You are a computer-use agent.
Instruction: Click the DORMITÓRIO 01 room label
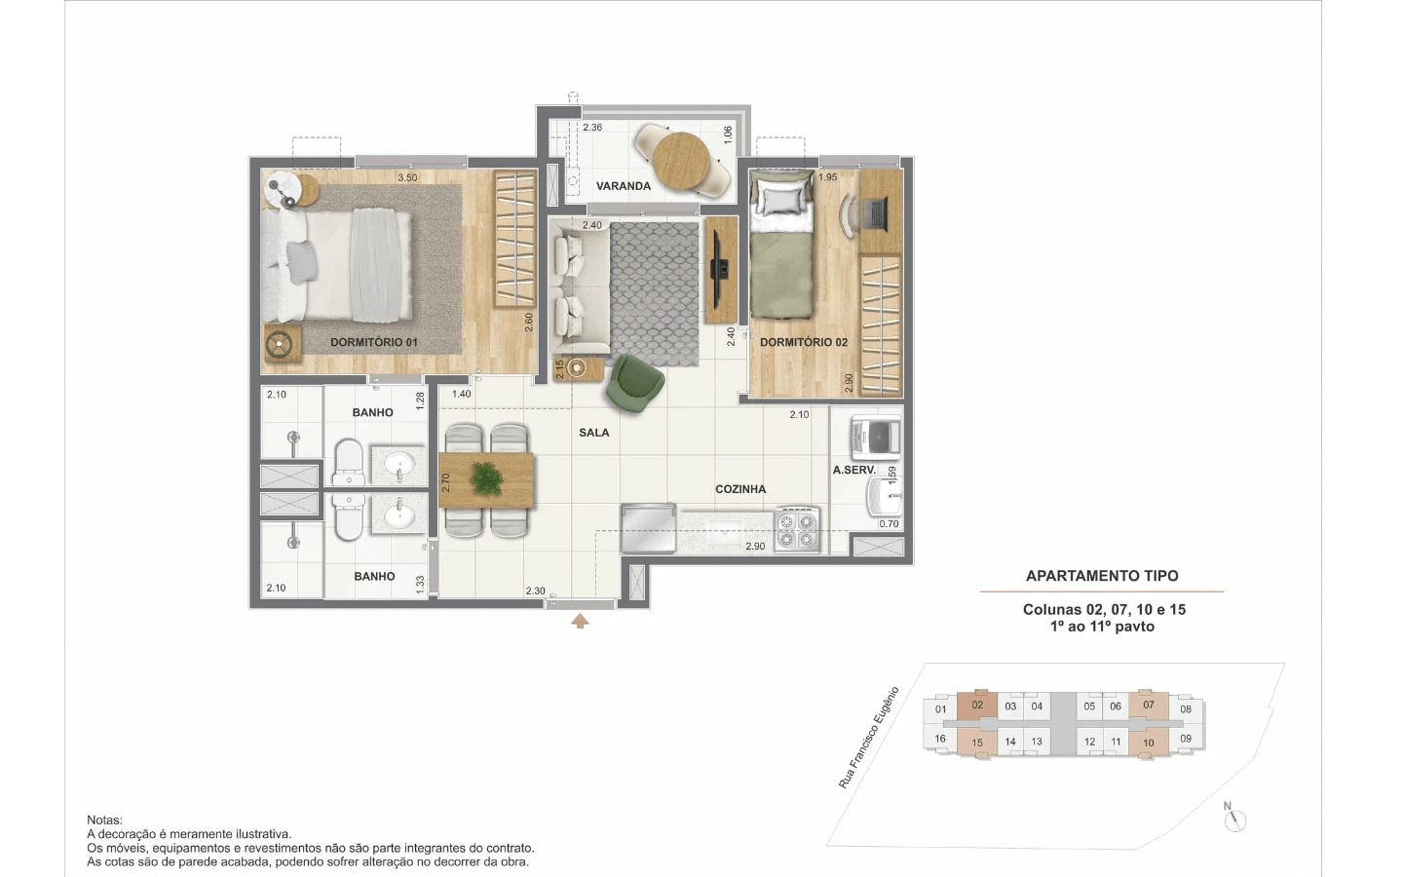373,342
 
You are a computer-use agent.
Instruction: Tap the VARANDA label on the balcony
623,186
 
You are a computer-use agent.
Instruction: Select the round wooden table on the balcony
681,160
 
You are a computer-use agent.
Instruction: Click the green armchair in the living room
634,384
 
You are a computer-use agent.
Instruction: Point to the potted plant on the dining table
487,479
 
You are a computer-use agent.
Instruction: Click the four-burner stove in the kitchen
797,530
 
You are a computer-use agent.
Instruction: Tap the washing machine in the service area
875,438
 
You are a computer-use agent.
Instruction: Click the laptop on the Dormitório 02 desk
876,213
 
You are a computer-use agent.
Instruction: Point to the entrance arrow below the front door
580,621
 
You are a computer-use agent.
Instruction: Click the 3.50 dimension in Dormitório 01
407,178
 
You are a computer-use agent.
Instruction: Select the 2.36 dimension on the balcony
592,127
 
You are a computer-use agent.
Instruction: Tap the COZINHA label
740,489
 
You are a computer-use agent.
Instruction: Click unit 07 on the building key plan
1149,705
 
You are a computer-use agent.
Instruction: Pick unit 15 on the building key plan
977,743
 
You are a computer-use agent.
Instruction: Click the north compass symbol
1234,819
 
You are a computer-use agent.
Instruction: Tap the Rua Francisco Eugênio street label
868,738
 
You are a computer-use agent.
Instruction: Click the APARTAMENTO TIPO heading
1102,576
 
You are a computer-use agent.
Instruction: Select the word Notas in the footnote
104,820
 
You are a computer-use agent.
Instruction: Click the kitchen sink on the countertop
725,534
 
